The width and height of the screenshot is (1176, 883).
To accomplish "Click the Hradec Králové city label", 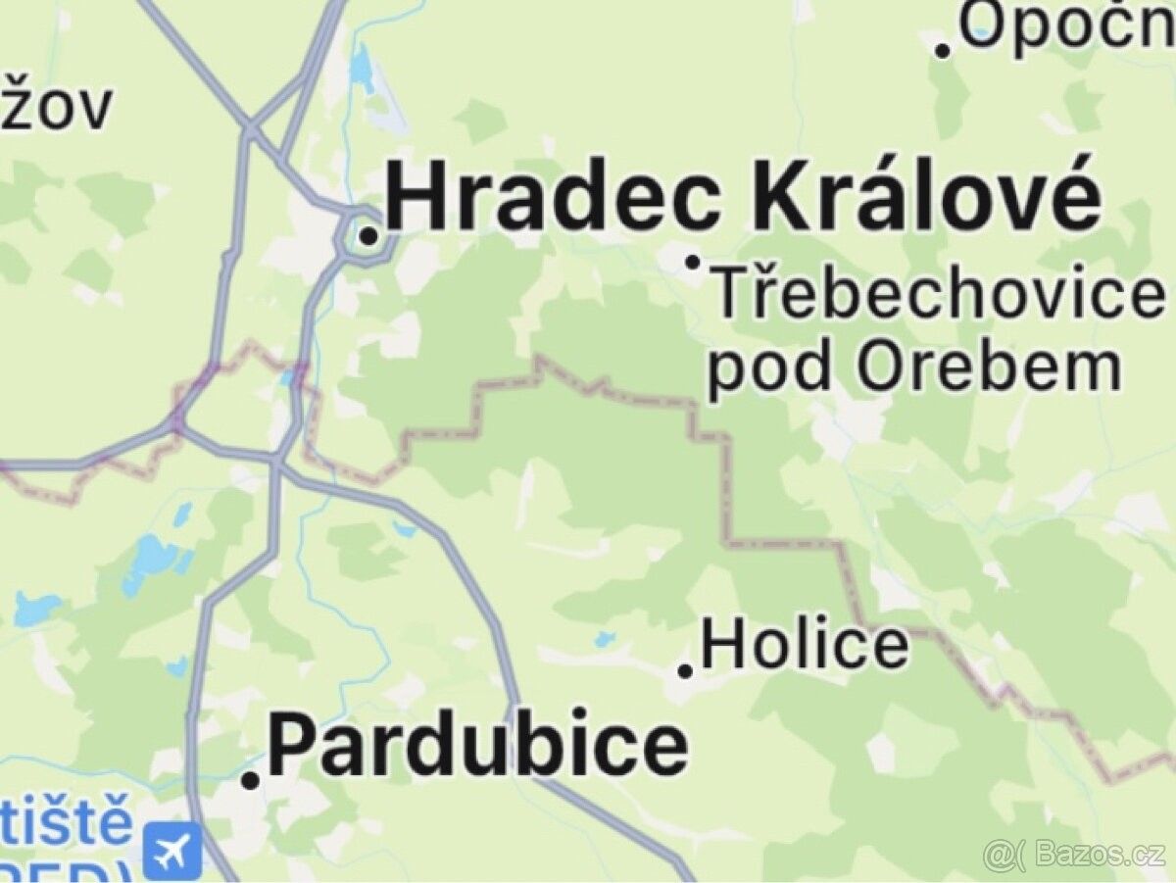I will (743, 199).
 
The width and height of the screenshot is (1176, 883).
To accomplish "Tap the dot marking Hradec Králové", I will (368, 236).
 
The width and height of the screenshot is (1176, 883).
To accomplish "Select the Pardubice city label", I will (477, 746).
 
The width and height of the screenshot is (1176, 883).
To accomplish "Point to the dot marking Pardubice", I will (251, 780).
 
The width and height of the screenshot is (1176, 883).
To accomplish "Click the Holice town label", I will (805, 646).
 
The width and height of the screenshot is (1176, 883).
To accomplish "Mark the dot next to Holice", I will (686, 671).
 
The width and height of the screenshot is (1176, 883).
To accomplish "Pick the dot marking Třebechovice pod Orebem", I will (693, 262).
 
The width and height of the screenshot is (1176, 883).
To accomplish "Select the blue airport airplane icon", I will (172, 849).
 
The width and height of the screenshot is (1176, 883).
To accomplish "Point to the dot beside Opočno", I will (944, 49).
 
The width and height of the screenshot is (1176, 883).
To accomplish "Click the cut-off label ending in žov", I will (56, 108).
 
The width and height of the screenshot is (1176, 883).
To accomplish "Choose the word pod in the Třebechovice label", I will (769, 368).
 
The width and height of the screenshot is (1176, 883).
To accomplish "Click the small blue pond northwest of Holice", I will (604, 640).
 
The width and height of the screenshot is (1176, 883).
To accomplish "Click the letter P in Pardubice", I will (291, 746).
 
